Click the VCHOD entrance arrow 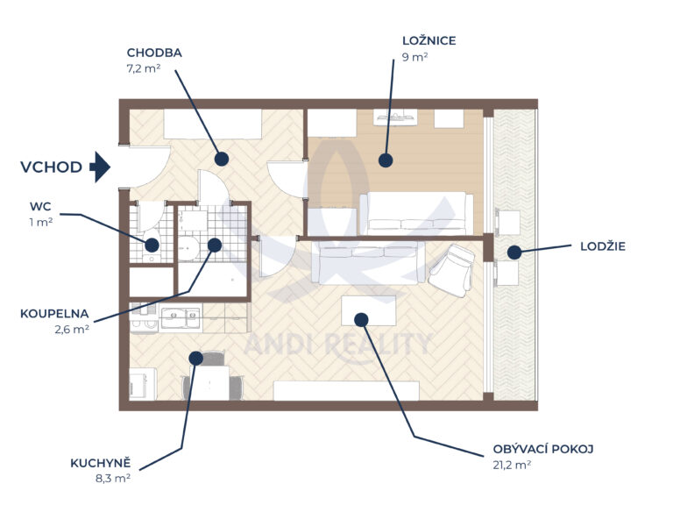click(x=100, y=167)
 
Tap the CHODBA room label click(x=154, y=53)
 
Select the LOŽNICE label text click(x=429, y=41)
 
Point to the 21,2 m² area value click(x=512, y=465)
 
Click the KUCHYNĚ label click(x=101, y=463)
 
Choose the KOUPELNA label click(x=54, y=314)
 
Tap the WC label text click(x=40, y=207)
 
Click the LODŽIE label click(x=603, y=246)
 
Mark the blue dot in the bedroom click(x=386, y=160)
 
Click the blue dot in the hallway click(x=222, y=159)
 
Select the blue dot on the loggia click(x=514, y=252)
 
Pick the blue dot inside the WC click(x=152, y=245)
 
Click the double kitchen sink click(x=181, y=318)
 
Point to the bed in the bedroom click(x=416, y=213)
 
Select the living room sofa click(x=368, y=262)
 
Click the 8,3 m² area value click(x=113, y=479)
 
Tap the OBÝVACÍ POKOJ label click(x=543, y=449)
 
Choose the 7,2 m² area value click(x=144, y=68)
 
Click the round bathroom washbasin click(x=188, y=249)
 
